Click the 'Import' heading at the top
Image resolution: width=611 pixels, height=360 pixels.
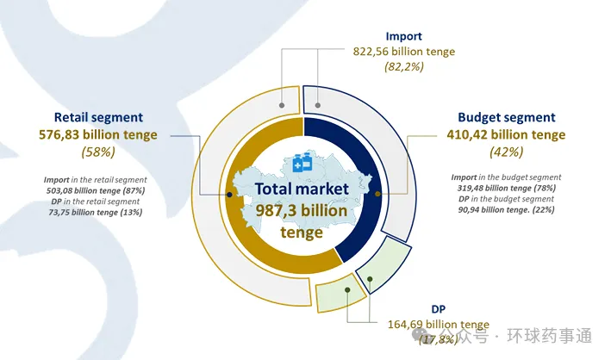pos(404,37)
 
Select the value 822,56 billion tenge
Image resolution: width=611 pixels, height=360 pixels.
pos(404,52)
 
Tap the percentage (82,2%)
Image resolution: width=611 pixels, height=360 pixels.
pos(404,66)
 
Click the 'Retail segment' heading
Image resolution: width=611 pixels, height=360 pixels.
pos(98,117)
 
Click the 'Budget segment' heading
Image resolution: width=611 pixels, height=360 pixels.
pos(507,117)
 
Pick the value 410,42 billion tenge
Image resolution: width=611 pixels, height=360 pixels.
pos(507,134)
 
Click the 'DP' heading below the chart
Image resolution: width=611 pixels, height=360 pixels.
pos(439,309)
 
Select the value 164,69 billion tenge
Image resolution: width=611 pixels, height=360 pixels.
pos(439,325)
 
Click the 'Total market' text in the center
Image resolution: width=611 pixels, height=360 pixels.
pos(306,189)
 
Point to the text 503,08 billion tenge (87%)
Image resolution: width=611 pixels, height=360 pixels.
pos(95,190)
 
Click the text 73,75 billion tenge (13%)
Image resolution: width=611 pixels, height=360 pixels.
pos(95,212)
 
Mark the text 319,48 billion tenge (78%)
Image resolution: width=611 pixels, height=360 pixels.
pos(507,189)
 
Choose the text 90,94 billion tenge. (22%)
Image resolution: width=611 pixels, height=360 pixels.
pos(507,209)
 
